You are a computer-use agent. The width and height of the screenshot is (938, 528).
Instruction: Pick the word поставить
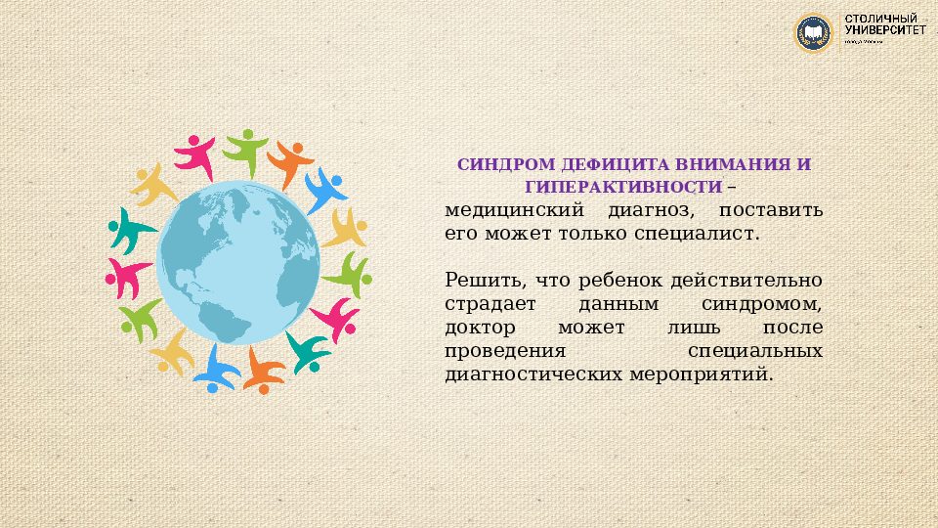(x=771, y=211)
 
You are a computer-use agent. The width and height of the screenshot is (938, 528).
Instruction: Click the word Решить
(x=476, y=282)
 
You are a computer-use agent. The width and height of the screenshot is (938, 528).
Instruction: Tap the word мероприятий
(x=704, y=375)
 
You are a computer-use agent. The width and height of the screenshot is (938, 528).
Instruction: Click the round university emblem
(x=813, y=33)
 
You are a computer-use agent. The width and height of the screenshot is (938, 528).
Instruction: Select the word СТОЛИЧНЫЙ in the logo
(x=880, y=21)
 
